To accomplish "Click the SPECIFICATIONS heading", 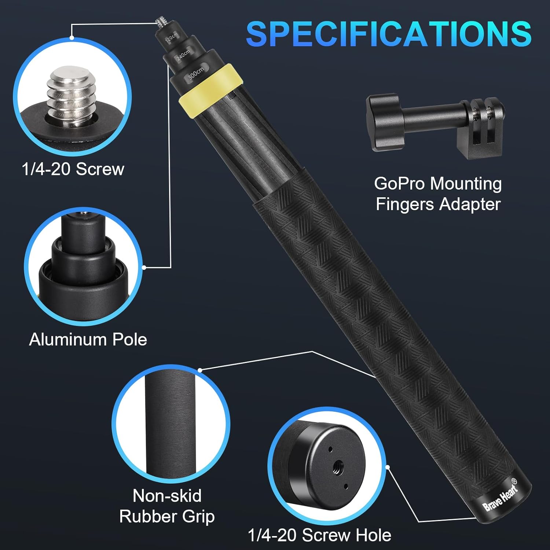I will click(x=389, y=34).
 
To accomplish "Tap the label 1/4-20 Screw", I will click(x=73, y=169).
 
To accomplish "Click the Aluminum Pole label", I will click(x=88, y=340).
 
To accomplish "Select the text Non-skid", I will click(x=167, y=496).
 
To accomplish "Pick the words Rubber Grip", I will click(x=167, y=516).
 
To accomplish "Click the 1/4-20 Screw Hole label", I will click(x=319, y=535).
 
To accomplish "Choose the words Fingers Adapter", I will click(x=438, y=204).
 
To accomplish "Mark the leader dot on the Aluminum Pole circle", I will click(x=144, y=268).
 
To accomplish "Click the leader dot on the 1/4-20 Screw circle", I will click(x=72, y=37).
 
